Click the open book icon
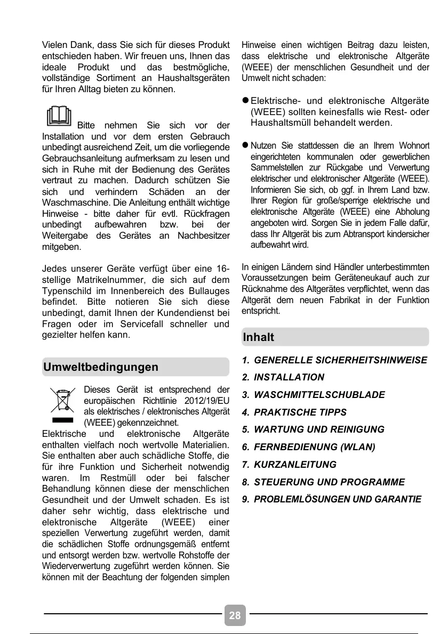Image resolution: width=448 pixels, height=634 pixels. [x=58, y=117]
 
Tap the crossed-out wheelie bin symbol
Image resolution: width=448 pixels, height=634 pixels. [x=63, y=404]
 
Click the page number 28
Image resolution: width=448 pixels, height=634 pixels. [x=235, y=616]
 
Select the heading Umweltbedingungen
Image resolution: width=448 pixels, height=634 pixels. [x=101, y=367]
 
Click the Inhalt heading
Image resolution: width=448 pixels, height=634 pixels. [x=259, y=337]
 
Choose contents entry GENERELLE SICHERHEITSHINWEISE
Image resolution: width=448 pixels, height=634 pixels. [x=340, y=360]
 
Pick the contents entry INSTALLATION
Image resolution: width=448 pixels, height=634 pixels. [x=289, y=377]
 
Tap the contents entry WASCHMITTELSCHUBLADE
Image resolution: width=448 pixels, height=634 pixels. [x=319, y=395]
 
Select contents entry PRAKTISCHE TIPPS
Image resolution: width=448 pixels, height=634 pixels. [x=300, y=412]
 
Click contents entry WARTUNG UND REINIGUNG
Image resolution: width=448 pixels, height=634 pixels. [x=319, y=429]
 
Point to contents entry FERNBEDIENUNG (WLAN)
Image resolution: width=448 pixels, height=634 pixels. [x=315, y=447]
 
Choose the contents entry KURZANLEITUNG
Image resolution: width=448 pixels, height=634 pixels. [x=295, y=465]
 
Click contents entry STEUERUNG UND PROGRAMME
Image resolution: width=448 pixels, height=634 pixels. [x=329, y=482]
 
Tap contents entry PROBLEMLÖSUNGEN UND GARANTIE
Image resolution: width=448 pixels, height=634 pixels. [x=338, y=500]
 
